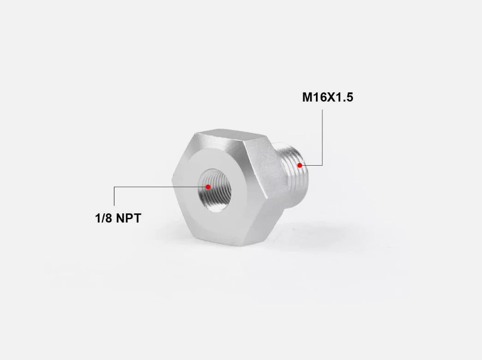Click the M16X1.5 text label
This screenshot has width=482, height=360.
(x=327, y=97)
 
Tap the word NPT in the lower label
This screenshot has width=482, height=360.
(x=129, y=218)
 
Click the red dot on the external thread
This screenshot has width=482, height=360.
(x=300, y=165)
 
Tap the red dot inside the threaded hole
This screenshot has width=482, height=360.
(x=208, y=187)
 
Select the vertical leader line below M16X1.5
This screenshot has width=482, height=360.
(x=322, y=138)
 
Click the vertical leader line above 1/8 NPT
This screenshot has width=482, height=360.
(x=114, y=196)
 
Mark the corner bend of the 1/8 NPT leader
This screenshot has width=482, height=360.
(x=114, y=187)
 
